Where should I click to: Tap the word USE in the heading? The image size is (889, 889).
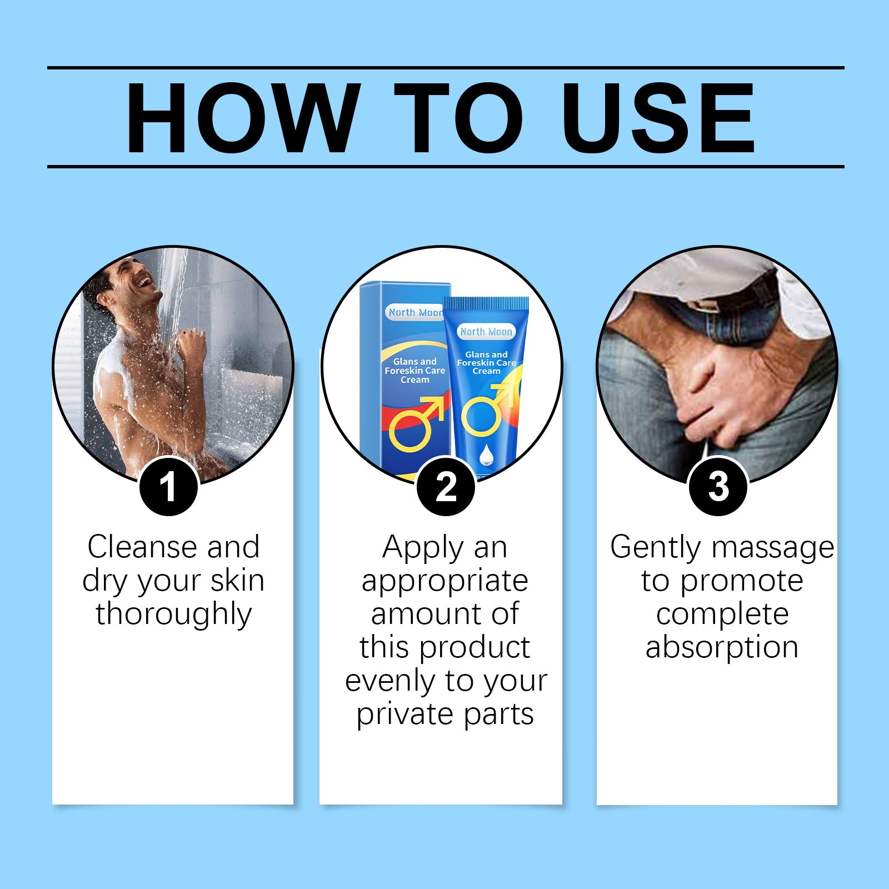click(661, 118)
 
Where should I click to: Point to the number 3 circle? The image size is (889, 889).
click(718, 486)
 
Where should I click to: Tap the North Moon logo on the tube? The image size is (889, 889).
click(486, 332)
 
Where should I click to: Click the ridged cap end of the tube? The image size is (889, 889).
click(485, 303)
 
